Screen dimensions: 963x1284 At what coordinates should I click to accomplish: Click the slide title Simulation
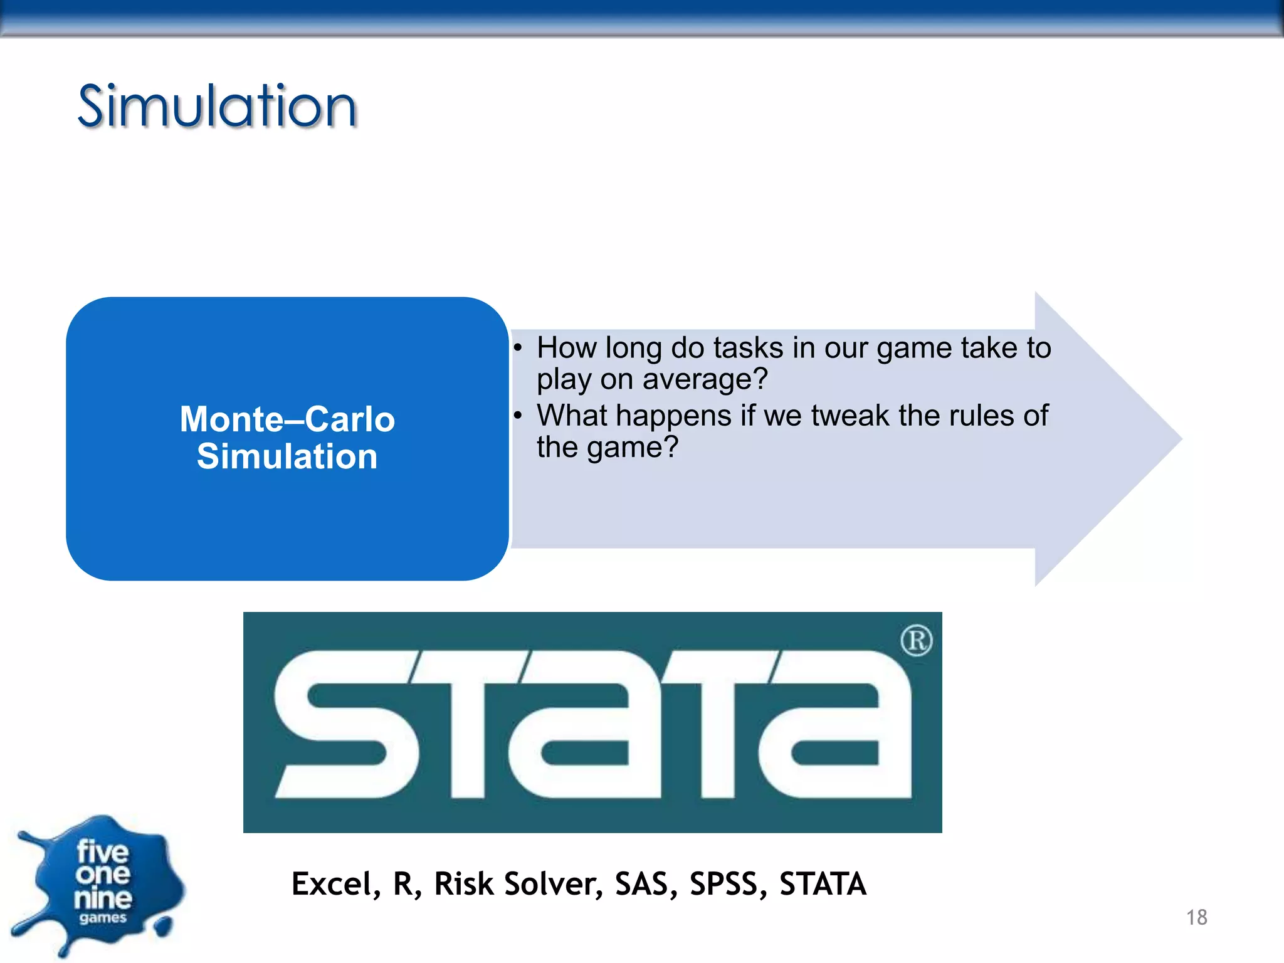(x=217, y=107)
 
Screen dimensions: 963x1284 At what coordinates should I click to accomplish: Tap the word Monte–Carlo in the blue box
(x=287, y=419)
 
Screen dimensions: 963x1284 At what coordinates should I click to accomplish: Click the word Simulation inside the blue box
(x=287, y=456)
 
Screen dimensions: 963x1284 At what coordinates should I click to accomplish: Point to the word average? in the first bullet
(x=705, y=379)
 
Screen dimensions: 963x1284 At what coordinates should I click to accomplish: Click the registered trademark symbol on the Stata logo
(x=916, y=641)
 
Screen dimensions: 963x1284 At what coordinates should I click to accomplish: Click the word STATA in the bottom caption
(x=823, y=884)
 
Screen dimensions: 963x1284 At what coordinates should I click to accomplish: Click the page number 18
(x=1196, y=917)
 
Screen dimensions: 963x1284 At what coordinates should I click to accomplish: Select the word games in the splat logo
(x=103, y=918)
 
